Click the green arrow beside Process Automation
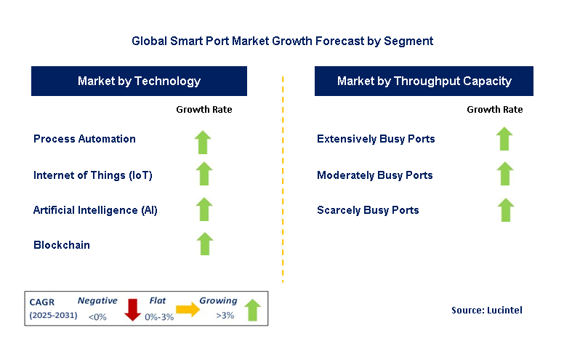[203, 142]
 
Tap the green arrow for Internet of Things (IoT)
[204, 173]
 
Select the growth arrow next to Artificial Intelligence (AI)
[204, 209]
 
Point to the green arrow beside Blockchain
[205, 244]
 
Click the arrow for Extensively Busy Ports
[504, 139]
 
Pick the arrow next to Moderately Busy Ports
[505, 173]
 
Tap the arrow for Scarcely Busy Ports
[506, 210]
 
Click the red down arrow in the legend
[133, 310]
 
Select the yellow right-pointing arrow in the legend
[188, 310]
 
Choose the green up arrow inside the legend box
[252, 310]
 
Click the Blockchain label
[62, 245]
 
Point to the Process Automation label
[84, 139]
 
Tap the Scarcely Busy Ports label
[368, 210]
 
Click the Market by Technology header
[139, 81]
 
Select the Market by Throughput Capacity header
[424, 81]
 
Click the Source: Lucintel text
[487, 310]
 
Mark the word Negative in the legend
[97, 300]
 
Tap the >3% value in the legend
[225, 315]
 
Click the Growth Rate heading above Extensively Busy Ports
[495, 110]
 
